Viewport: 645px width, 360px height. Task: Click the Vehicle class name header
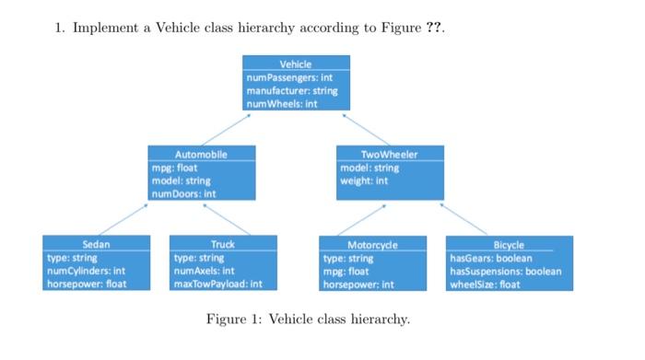296,64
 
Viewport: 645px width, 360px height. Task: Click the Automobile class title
201,154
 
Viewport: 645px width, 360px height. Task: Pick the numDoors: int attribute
184,194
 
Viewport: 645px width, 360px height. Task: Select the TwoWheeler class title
390,154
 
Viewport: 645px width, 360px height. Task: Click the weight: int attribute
364,181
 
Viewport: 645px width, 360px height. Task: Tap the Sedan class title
96,245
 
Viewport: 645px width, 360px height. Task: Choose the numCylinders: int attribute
86,272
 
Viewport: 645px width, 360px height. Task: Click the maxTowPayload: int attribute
218,285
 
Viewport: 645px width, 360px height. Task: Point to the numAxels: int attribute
204,272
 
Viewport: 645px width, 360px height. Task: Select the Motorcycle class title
372,246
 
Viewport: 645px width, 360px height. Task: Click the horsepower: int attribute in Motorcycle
358,285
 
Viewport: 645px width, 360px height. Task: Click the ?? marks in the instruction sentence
434,28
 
